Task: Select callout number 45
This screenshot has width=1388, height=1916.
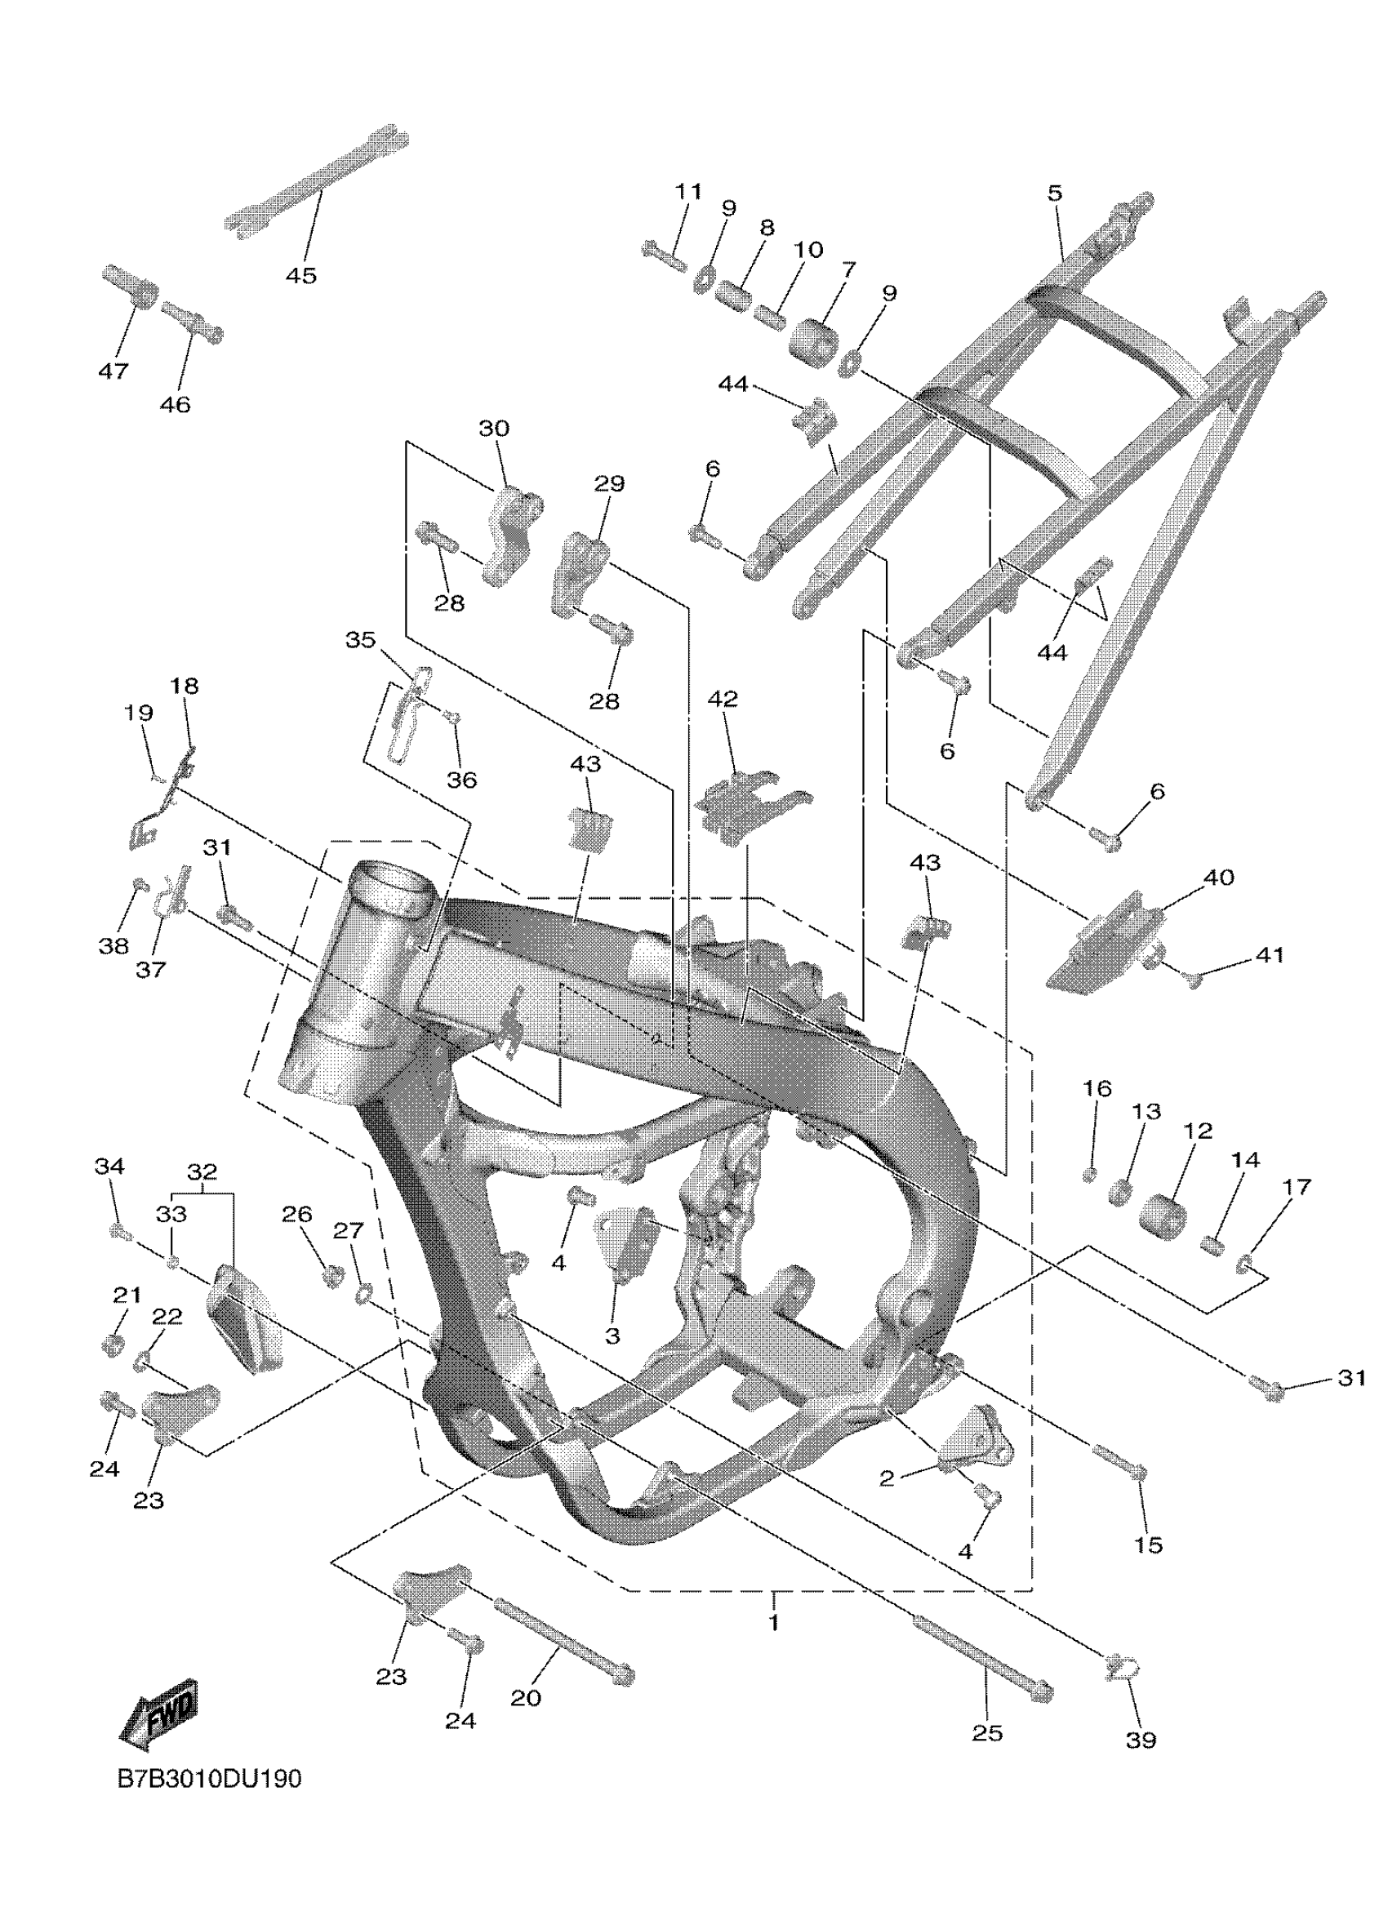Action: tap(300, 276)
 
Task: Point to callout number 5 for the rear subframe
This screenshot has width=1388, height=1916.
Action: tap(1054, 193)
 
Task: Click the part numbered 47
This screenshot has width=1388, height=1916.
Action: tap(128, 287)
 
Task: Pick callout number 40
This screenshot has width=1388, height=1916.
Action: tap(1217, 878)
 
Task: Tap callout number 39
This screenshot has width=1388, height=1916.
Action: tap(1141, 1740)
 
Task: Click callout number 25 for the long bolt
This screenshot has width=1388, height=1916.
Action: tap(987, 1732)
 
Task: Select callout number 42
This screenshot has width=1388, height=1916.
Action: tap(723, 699)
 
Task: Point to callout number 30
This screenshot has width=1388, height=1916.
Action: tap(494, 429)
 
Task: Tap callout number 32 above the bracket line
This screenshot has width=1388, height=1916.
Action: tap(202, 1171)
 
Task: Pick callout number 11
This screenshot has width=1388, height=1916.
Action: tap(687, 192)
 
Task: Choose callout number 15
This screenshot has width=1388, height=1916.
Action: tap(1149, 1545)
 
